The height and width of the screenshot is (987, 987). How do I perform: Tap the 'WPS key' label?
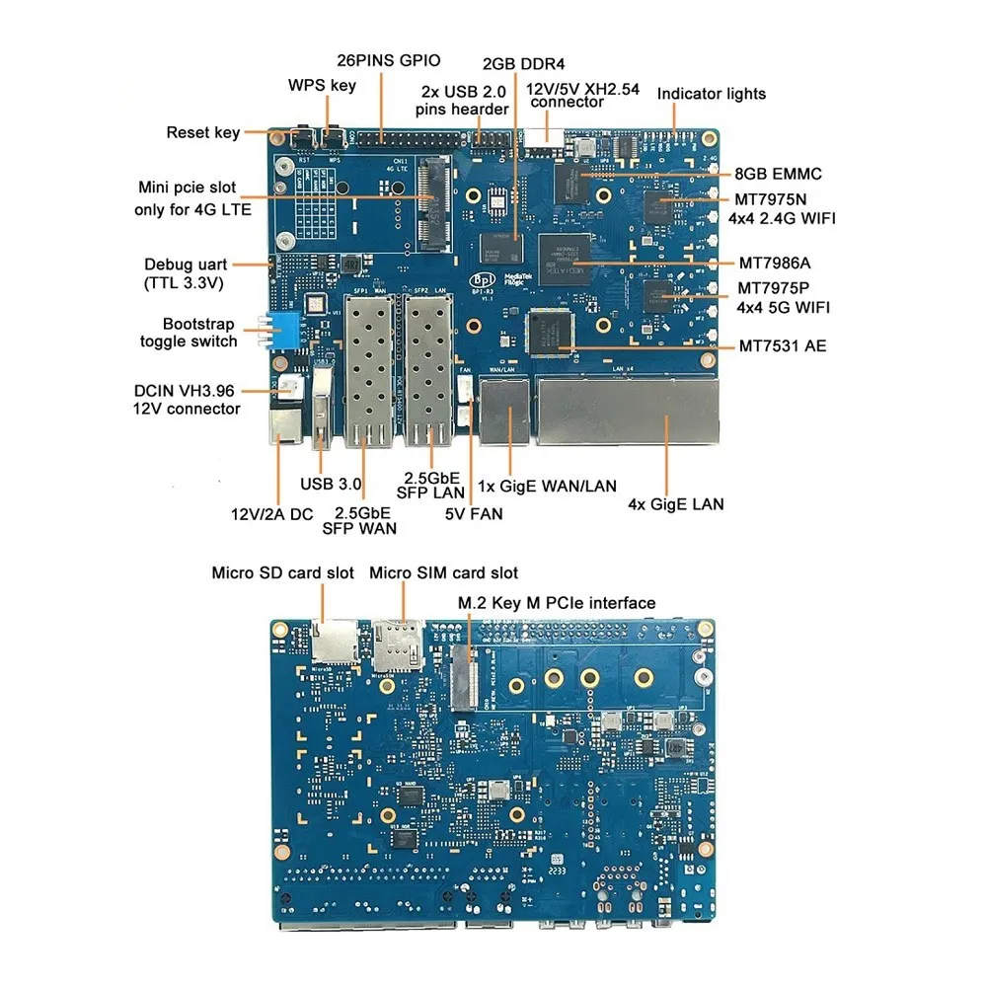click(322, 85)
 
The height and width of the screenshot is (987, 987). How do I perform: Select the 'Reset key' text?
click(202, 132)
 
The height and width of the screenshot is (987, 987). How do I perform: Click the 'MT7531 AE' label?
click(783, 346)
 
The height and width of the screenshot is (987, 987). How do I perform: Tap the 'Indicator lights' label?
click(712, 94)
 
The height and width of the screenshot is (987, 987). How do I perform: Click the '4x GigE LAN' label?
click(676, 504)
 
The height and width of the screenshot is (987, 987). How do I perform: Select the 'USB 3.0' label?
click(331, 485)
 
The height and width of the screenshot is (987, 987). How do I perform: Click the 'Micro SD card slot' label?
click(283, 572)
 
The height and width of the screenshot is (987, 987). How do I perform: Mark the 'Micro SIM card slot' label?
click(443, 572)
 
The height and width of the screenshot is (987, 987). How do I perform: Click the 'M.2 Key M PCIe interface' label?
click(557, 602)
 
